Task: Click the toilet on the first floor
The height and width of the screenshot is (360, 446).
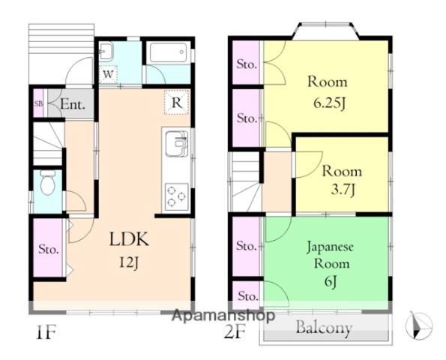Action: click(x=47, y=182)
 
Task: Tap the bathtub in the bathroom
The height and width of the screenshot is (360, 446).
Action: click(x=168, y=52)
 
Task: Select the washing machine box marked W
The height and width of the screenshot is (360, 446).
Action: click(x=108, y=74)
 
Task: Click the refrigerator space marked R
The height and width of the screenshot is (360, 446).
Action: click(x=177, y=103)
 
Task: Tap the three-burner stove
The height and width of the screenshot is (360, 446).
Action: click(x=177, y=196)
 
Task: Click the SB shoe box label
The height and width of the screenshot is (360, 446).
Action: click(x=38, y=103)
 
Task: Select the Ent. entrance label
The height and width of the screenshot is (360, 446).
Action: click(x=73, y=104)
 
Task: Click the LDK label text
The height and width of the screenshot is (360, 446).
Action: click(x=129, y=239)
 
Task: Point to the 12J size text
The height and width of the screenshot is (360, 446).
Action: click(x=129, y=263)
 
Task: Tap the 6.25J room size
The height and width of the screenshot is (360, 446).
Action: click(x=329, y=103)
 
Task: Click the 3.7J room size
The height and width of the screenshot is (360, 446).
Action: click(x=343, y=190)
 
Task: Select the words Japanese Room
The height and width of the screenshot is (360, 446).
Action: click(x=331, y=255)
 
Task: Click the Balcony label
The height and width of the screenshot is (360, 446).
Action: click(x=324, y=328)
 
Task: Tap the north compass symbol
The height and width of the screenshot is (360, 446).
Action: click(x=418, y=325)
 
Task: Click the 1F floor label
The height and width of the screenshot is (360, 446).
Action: click(x=45, y=332)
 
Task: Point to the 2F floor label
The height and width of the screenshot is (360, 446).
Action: click(x=235, y=331)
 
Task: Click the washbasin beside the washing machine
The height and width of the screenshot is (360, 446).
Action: click(x=106, y=52)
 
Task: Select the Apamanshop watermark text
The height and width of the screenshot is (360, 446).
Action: click(x=223, y=315)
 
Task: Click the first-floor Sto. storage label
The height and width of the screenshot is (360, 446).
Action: click(x=49, y=249)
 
